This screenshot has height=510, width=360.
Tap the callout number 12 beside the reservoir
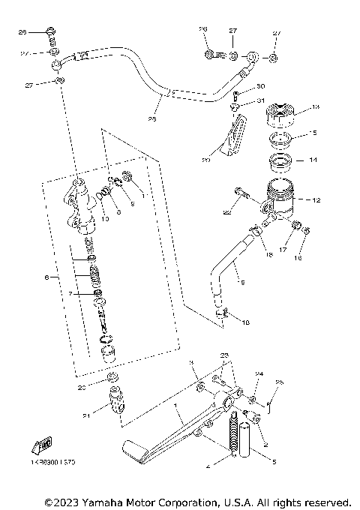[316, 200]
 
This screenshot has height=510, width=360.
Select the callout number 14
[314, 160]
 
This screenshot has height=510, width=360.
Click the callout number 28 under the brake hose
[152, 118]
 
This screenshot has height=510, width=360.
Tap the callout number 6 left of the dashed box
[46, 277]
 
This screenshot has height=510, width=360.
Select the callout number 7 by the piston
[72, 294]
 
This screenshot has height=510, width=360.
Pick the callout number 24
[259, 372]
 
